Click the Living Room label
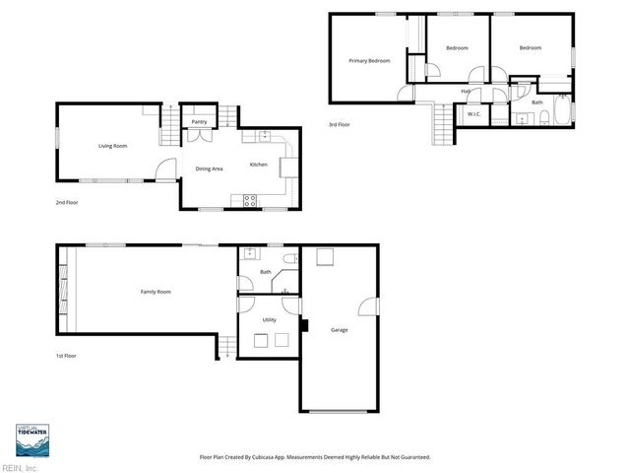pos(112,146)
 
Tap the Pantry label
pos(199,122)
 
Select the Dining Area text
pos(209,169)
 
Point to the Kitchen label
pos(259,165)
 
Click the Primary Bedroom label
pos(370,61)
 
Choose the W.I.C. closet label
pos(472,115)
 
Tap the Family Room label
pos(157,292)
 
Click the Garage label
pos(340,329)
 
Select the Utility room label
pos(269,320)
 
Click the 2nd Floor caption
pos(67,202)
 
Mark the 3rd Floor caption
pos(340,124)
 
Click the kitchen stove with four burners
pos(250,199)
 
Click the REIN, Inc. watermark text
pos(20,468)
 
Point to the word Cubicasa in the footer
pos(265,457)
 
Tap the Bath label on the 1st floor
pos(265,272)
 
